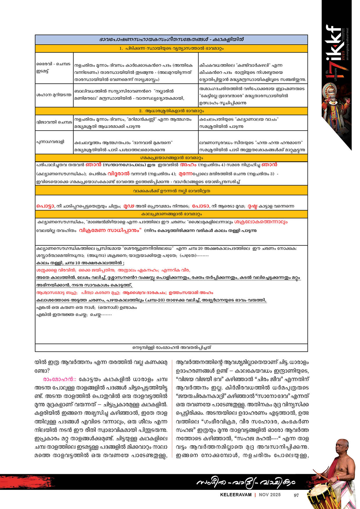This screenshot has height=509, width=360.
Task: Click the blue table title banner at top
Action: tap(171, 39)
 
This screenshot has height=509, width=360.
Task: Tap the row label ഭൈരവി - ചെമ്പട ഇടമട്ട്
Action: tap(54, 68)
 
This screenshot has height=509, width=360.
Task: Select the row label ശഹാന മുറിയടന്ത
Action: tap(54, 95)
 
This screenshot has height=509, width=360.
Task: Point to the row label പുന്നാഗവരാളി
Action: tap(50, 142)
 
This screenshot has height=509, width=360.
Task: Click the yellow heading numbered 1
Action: tap(171, 48)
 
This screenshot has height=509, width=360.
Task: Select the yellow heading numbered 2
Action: tap(171, 111)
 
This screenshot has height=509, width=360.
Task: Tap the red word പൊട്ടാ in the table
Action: tap(45, 206)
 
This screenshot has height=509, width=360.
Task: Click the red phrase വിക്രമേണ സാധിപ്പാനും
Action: tap(110, 230)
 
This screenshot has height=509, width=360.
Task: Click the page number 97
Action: tap(296, 495)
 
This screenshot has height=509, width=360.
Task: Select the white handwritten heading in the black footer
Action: tap(246, 482)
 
